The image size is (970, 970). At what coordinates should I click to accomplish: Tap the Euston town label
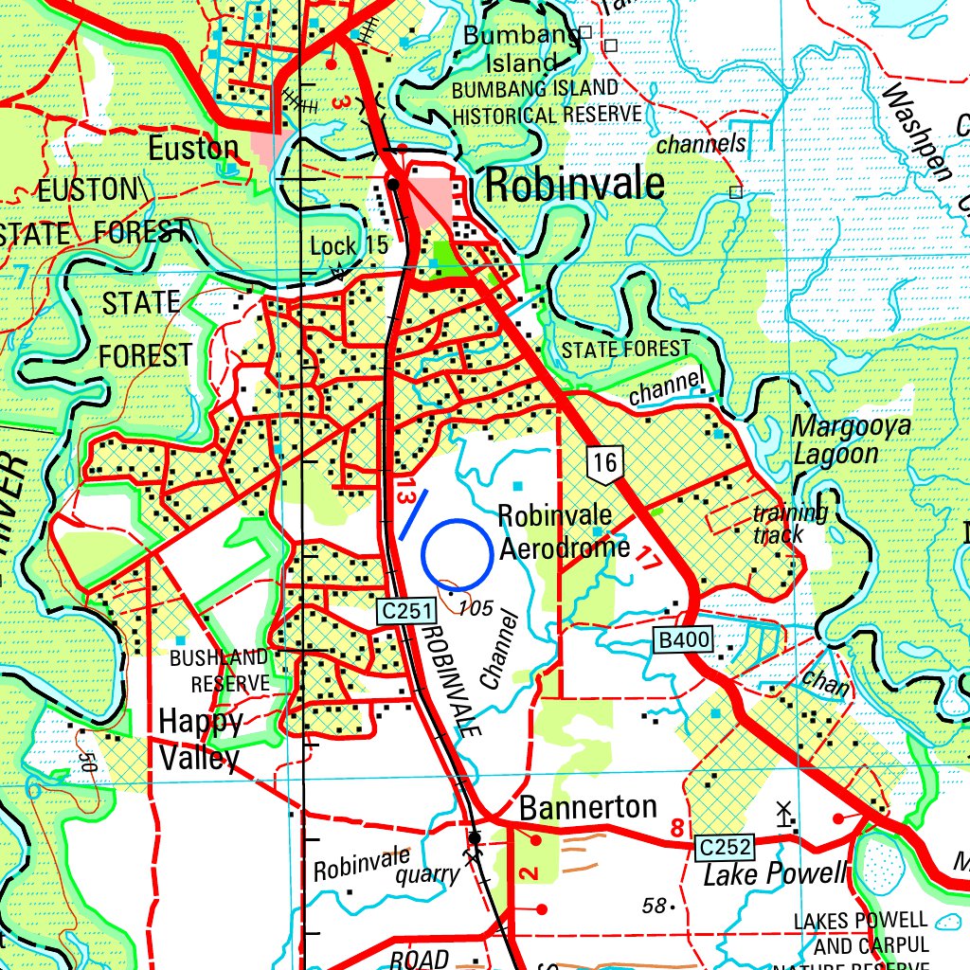pyautogui.click(x=193, y=148)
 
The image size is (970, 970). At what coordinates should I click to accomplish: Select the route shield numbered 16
pyautogui.click(x=606, y=463)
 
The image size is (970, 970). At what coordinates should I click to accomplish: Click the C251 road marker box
pyautogui.click(x=404, y=613)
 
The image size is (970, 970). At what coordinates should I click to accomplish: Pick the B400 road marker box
pyautogui.click(x=683, y=641)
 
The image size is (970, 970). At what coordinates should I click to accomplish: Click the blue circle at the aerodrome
pyautogui.click(x=457, y=552)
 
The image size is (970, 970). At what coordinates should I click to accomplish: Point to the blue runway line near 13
pyautogui.click(x=413, y=514)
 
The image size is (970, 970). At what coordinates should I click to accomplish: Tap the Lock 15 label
pyautogui.click(x=350, y=246)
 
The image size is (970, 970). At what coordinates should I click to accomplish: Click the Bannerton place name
pyautogui.click(x=588, y=808)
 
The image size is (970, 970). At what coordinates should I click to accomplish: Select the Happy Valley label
pyautogui.click(x=200, y=740)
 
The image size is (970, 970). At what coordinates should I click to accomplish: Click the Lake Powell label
pyautogui.click(x=774, y=873)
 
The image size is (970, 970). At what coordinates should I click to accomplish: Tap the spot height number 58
pyautogui.click(x=654, y=906)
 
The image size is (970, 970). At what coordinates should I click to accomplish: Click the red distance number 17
pyautogui.click(x=648, y=558)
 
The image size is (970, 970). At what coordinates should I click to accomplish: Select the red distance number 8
pyautogui.click(x=676, y=829)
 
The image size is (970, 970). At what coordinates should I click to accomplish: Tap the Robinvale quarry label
pyautogui.click(x=386, y=869)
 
